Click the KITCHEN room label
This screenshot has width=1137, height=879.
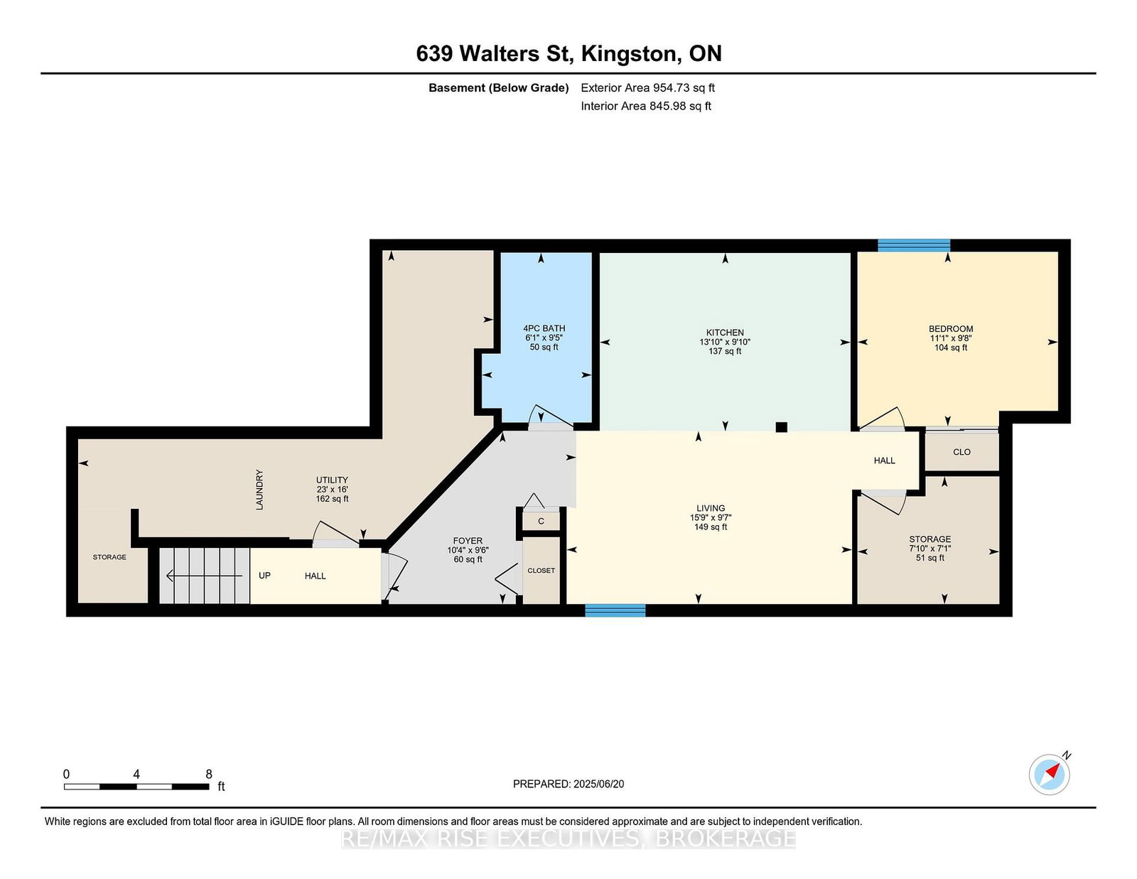coord(725,333)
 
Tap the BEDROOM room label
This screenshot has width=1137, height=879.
coord(951,328)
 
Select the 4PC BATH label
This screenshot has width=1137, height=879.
coord(544,328)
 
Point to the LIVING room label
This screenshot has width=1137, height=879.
coord(711,508)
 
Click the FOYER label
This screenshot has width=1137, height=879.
coord(468,541)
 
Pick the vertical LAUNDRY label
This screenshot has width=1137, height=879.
coord(259,490)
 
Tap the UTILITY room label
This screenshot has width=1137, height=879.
coord(332,480)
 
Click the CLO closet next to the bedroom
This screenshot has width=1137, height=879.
coord(961,451)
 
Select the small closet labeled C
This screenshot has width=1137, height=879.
coord(541,521)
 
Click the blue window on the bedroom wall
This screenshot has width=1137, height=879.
coord(914,245)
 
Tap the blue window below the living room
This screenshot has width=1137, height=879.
coord(615,610)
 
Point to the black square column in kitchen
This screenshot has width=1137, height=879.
coord(781,427)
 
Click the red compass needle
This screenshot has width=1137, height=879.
coord(1052,771)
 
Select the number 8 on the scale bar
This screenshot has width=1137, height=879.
coord(209,775)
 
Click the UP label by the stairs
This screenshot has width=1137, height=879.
coord(264,576)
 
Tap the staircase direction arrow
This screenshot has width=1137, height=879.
coord(204,576)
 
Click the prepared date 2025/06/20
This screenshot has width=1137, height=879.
coord(598,784)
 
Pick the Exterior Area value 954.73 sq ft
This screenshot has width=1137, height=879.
coord(684,88)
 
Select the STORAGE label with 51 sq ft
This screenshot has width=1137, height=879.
coord(929,539)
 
